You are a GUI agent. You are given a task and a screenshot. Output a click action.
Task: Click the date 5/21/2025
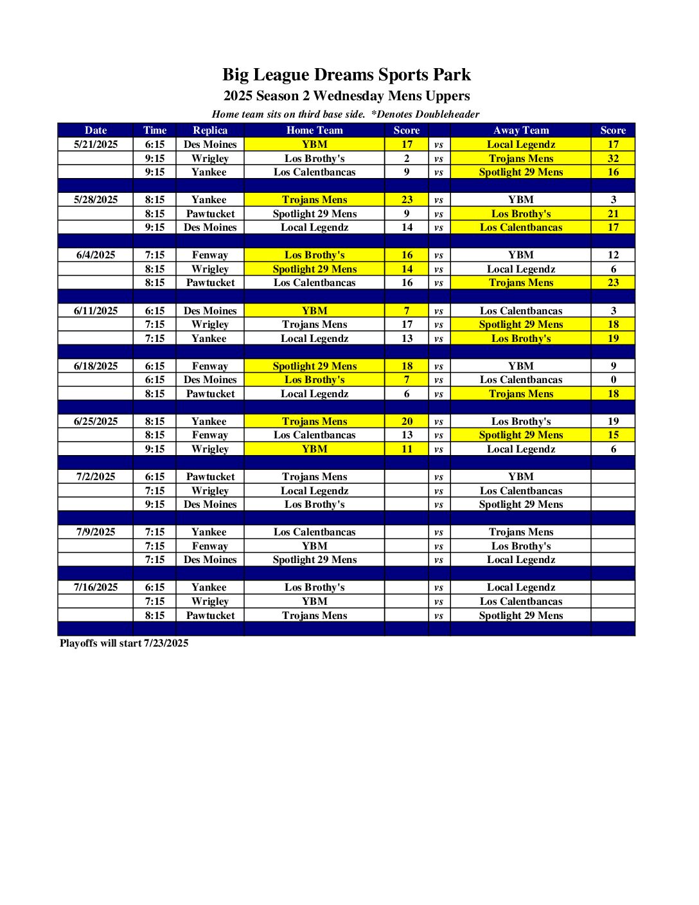coord(96,145)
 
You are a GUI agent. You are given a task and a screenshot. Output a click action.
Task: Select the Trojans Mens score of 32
coord(613,159)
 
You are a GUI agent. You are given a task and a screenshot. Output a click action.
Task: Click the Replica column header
coord(210,130)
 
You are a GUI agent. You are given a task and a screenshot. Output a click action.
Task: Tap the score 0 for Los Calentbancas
coord(613,380)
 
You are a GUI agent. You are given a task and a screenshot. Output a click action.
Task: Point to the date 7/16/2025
coord(96,587)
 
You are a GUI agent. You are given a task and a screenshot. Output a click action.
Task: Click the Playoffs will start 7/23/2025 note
coord(124,643)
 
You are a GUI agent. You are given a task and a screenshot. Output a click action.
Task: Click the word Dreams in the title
coord(343,75)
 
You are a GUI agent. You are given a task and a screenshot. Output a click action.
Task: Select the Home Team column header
coord(314,130)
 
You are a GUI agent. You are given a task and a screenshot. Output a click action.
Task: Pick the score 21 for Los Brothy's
coord(613,214)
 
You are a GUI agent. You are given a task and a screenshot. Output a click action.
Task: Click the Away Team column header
coord(520,130)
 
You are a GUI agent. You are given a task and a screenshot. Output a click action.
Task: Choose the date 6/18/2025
coord(96,366)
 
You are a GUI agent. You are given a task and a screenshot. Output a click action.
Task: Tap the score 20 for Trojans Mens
coord(407,422)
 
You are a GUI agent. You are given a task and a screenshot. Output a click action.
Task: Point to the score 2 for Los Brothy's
coord(407,159)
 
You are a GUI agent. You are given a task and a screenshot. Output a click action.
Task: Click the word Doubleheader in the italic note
coord(447,114)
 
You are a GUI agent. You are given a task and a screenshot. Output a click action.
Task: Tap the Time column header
coord(155,130)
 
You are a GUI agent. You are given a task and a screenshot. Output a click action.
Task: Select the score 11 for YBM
coord(407,449)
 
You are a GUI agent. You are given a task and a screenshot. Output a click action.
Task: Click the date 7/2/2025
coord(96,477)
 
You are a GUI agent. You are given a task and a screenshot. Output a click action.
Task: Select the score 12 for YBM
coord(613,255)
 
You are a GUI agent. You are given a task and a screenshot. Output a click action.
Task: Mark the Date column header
coord(96,130)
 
